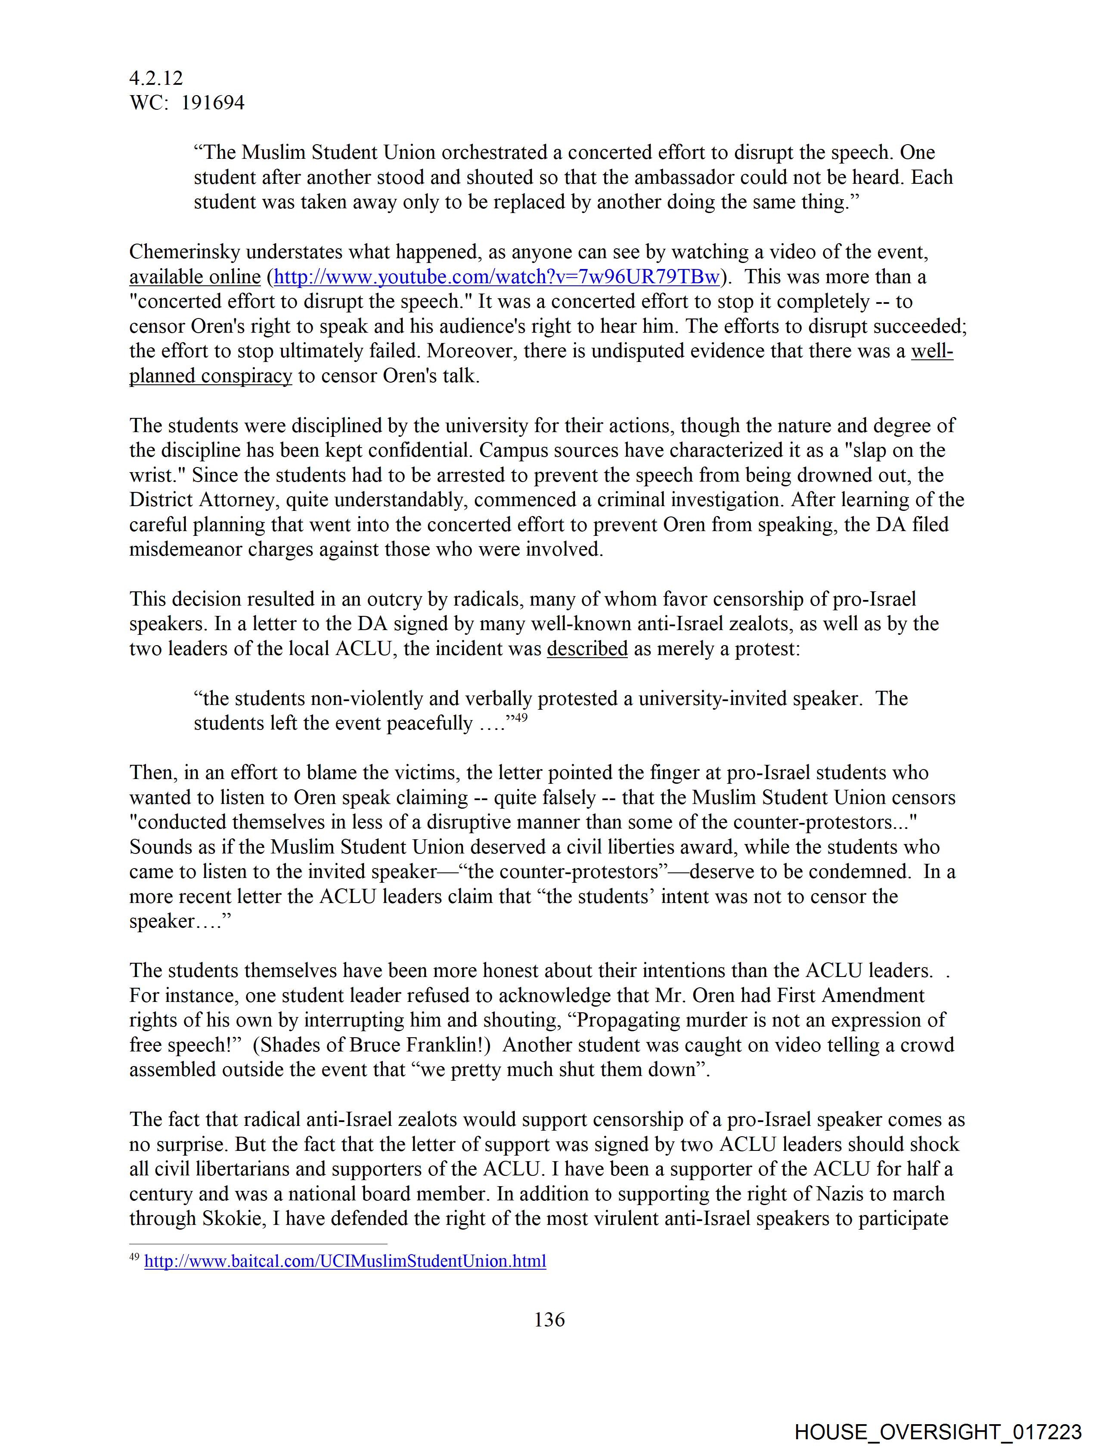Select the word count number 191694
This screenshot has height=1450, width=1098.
pyautogui.click(x=213, y=103)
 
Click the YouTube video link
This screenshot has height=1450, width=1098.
pyautogui.click(x=496, y=277)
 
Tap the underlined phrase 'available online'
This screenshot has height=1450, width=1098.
pyautogui.click(x=195, y=277)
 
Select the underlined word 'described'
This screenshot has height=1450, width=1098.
pyautogui.click(x=587, y=649)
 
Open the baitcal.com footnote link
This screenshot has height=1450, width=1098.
pyautogui.click(x=345, y=1261)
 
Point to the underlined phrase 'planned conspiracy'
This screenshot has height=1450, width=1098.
pyautogui.click(x=211, y=376)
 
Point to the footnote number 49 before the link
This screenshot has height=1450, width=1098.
pyautogui.click(x=134, y=1257)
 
